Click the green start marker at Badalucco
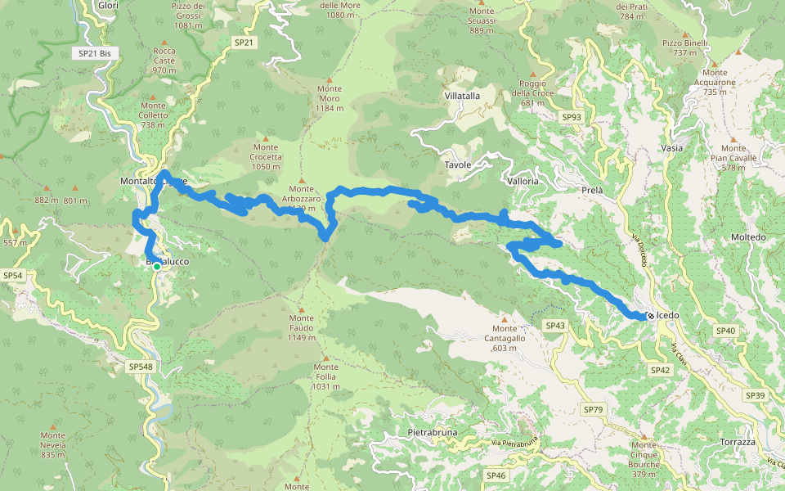(156, 266)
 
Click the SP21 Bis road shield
(96, 53)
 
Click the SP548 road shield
(141, 367)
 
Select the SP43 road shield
(555, 326)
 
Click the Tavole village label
(458, 164)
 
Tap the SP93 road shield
(572, 117)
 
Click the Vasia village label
(671, 148)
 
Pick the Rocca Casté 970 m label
(164, 61)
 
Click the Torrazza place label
(738, 442)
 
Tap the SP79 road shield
(593, 408)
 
